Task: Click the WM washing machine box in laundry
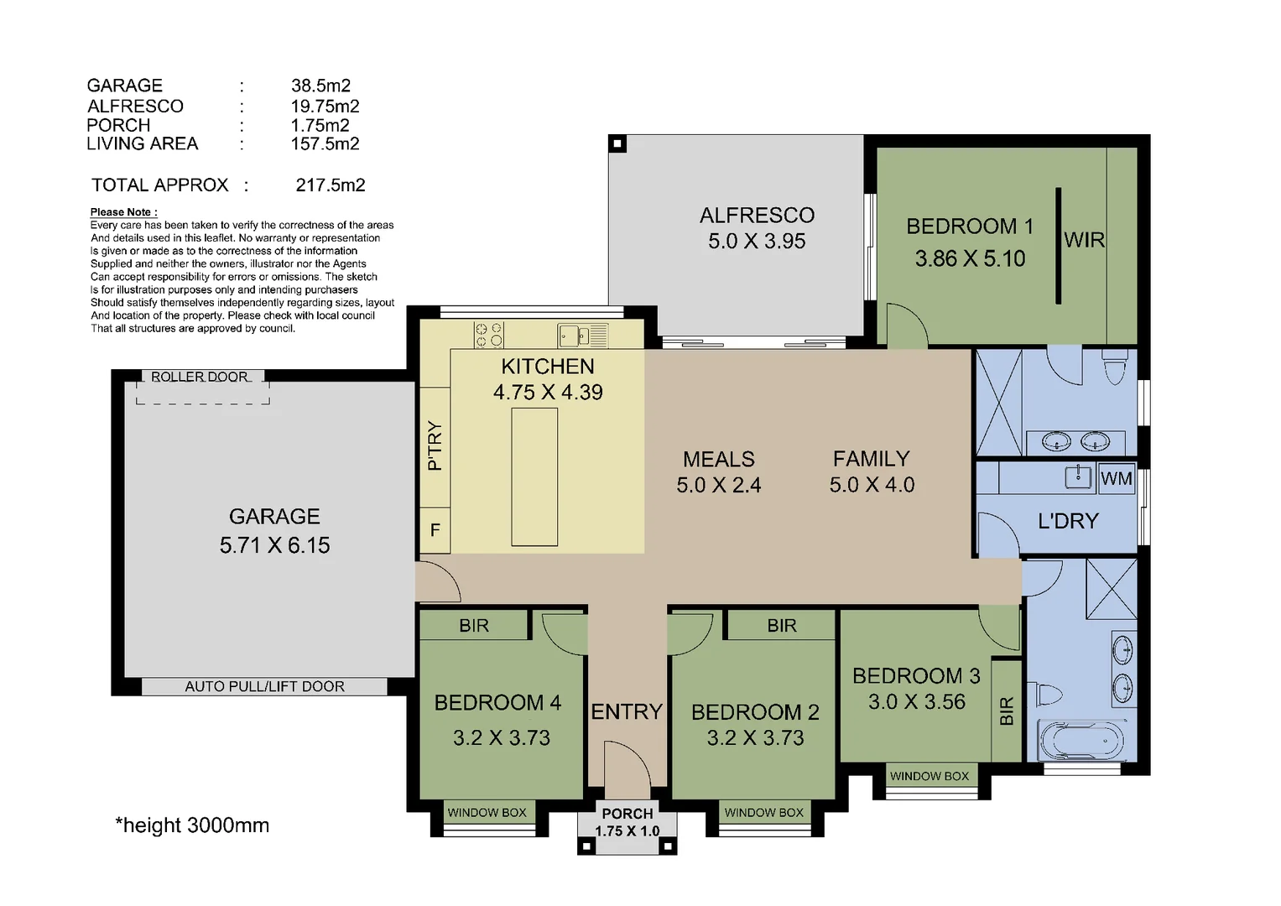pyautogui.click(x=1116, y=478)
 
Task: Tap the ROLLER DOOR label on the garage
pyautogui.click(x=200, y=377)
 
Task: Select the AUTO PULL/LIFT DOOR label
pyautogui.click(x=264, y=686)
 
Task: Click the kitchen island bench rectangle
pyautogui.click(x=534, y=477)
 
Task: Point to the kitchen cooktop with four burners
pyautogui.click(x=488, y=335)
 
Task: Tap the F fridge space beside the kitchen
pyautogui.click(x=435, y=530)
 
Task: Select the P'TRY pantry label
pyautogui.click(x=435, y=445)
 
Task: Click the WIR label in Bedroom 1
pyautogui.click(x=1084, y=240)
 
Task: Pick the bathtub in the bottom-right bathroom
pyautogui.click(x=1081, y=741)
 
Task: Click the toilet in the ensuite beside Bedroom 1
pyautogui.click(x=1115, y=367)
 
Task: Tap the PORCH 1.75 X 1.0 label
pyautogui.click(x=627, y=822)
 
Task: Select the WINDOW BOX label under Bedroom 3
pyautogui.click(x=930, y=776)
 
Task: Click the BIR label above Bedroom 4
pyautogui.click(x=474, y=625)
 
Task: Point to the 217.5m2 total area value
pyautogui.click(x=331, y=185)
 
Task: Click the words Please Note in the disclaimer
pyautogui.click(x=123, y=212)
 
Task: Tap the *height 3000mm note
pyautogui.click(x=192, y=825)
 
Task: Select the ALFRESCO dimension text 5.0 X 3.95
pyautogui.click(x=757, y=242)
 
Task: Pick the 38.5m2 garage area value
pyautogui.click(x=320, y=86)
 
